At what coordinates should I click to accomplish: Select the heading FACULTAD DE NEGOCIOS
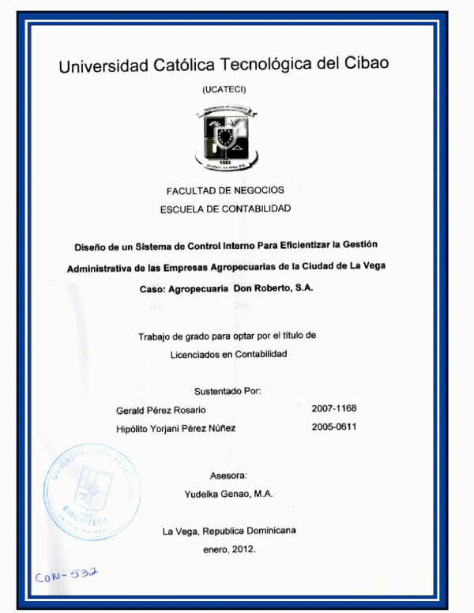[225, 190]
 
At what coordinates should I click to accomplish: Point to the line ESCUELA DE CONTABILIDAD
[226, 209]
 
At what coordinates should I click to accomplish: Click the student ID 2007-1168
[334, 408]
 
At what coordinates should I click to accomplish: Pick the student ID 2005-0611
[334, 427]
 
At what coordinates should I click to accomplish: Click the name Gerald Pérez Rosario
[160, 409]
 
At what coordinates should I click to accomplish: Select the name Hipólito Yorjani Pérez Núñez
[175, 428]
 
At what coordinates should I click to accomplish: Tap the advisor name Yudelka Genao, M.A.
[228, 493]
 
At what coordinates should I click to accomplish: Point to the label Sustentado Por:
[228, 391]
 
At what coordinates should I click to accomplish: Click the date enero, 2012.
[228, 549]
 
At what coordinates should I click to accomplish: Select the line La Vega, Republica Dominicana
[229, 531]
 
